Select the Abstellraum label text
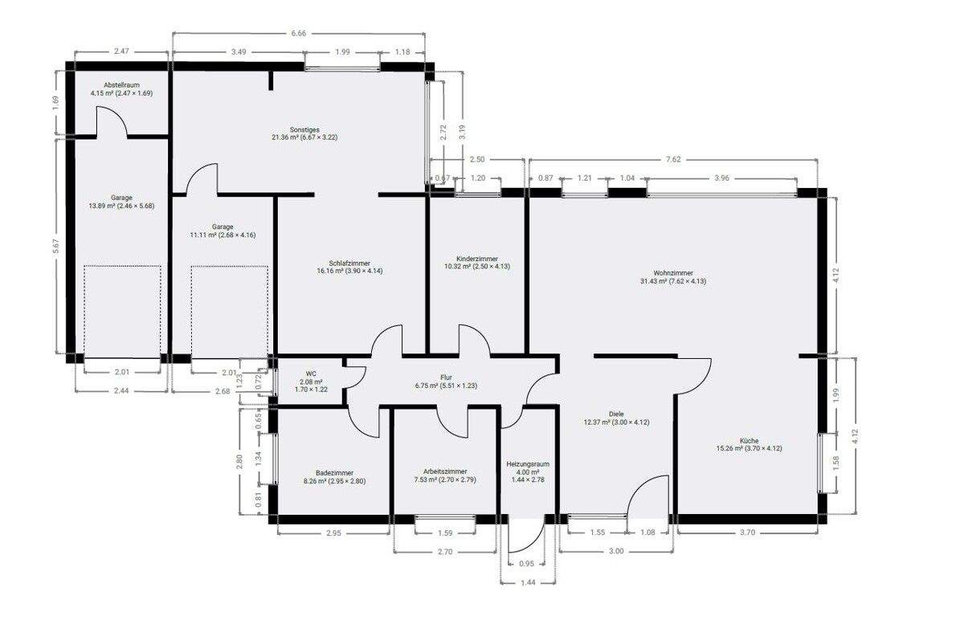(121, 84)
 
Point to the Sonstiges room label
(305, 130)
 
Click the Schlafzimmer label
(350, 262)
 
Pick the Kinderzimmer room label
(477, 259)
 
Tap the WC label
(311, 373)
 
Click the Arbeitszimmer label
(445, 471)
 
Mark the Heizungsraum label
(528, 464)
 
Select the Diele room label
(616, 415)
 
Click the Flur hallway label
(447, 377)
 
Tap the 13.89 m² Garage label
(122, 198)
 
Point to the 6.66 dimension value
(298, 34)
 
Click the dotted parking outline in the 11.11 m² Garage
(229, 312)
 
